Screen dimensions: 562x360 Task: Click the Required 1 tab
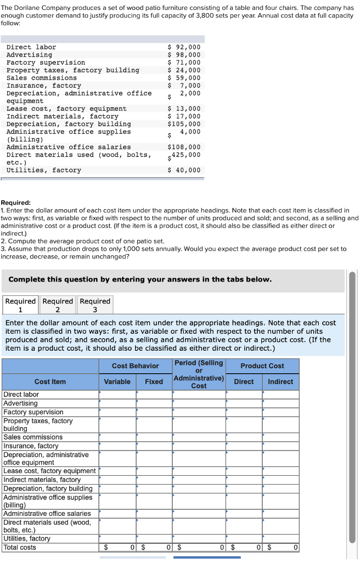click(20, 305)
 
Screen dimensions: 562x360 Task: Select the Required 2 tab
click(58, 305)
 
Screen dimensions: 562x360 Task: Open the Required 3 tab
click(95, 305)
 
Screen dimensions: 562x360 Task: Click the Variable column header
click(117, 381)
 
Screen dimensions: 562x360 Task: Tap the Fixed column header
click(154, 381)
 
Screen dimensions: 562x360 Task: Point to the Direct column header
click(244, 381)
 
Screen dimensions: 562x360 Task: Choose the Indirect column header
click(280, 381)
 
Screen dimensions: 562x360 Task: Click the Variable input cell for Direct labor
click(117, 395)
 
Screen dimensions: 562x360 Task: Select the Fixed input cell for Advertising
click(154, 403)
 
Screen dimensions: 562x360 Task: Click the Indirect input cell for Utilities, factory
click(280, 538)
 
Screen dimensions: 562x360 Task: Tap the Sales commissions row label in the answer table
click(33, 437)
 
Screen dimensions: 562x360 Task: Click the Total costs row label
click(20, 547)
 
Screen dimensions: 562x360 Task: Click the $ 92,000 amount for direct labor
click(184, 47)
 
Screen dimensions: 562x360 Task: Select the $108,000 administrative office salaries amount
click(184, 147)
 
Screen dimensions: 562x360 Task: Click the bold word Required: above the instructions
click(16, 203)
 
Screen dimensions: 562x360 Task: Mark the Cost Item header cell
click(50, 381)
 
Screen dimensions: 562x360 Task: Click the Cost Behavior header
click(135, 366)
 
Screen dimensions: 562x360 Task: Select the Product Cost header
click(262, 366)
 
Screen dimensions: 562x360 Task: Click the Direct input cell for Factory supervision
click(244, 412)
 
